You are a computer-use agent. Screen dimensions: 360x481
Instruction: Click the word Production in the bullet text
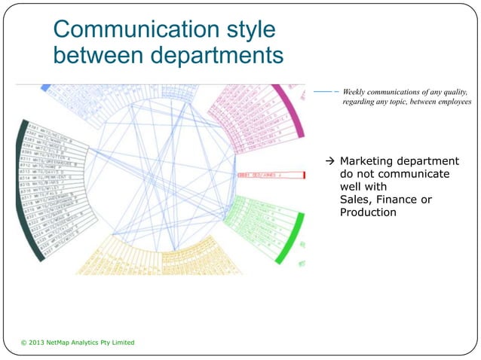(368, 212)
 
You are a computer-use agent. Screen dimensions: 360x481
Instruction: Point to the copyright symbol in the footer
(24, 343)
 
